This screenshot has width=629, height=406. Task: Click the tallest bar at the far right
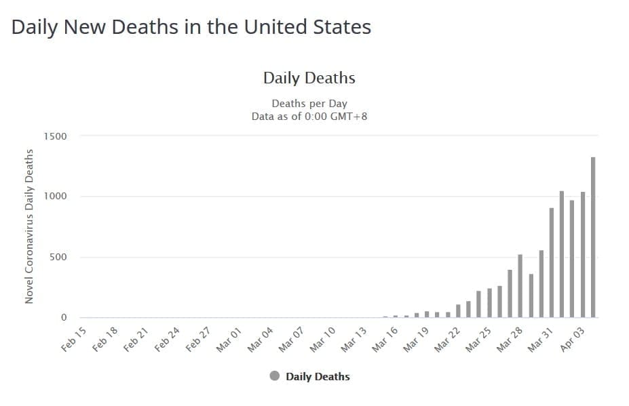coord(593,237)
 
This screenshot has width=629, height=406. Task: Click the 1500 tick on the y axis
coord(56,136)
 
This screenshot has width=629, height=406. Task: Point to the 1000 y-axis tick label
coord(56,197)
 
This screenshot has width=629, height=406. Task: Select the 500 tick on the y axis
coord(58,257)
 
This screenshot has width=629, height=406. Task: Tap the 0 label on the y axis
coord(64,317)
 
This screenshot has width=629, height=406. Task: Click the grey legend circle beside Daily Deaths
coord(275,376)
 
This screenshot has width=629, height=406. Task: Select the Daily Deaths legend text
coord(318,376)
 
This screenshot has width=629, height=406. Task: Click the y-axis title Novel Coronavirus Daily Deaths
coord(29,226)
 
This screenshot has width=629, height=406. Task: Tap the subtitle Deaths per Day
coord(309,104)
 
